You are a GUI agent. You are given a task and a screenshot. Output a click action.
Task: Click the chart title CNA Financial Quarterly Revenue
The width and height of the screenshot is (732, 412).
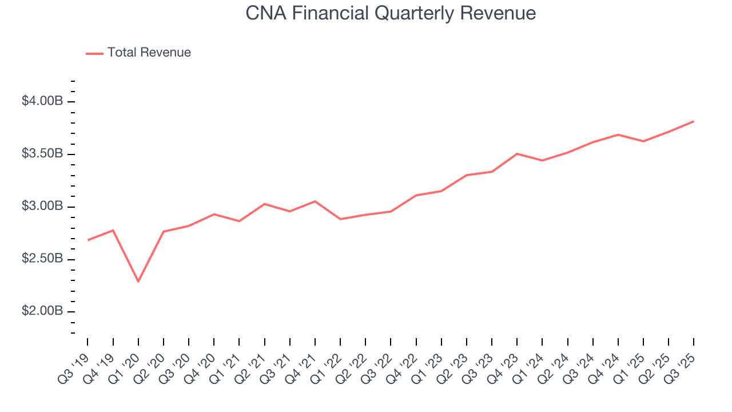(391, 13)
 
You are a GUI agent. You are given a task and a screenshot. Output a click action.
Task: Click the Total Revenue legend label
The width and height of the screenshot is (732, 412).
(149, 53)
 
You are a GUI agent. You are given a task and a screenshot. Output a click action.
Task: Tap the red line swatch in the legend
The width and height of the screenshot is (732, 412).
(94, 53)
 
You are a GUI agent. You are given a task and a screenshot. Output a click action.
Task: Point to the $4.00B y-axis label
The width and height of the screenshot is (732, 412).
(42, 101)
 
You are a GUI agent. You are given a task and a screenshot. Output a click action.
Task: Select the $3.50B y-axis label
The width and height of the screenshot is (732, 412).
(42, 154)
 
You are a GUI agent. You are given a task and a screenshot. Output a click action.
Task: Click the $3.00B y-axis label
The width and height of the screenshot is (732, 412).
(42, 207)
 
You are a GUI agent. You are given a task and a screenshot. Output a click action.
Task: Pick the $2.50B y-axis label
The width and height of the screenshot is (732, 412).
(42, 259)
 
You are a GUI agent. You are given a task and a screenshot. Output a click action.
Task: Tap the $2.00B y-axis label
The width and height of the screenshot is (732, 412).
(42, 311)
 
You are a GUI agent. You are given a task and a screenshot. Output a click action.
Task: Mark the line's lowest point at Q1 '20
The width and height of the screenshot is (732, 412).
(138, 282)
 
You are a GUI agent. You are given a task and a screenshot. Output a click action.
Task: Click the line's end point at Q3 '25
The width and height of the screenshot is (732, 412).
(694, 121)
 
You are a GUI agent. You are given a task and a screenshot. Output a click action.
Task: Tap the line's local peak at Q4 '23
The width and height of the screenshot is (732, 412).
(517, 154)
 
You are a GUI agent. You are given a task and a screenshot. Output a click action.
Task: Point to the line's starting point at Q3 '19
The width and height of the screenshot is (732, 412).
(87, 240)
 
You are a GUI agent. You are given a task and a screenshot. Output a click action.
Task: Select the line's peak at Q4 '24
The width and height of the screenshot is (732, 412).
(618, 134)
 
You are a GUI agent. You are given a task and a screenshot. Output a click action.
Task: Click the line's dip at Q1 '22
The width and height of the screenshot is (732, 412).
(340, 219)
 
